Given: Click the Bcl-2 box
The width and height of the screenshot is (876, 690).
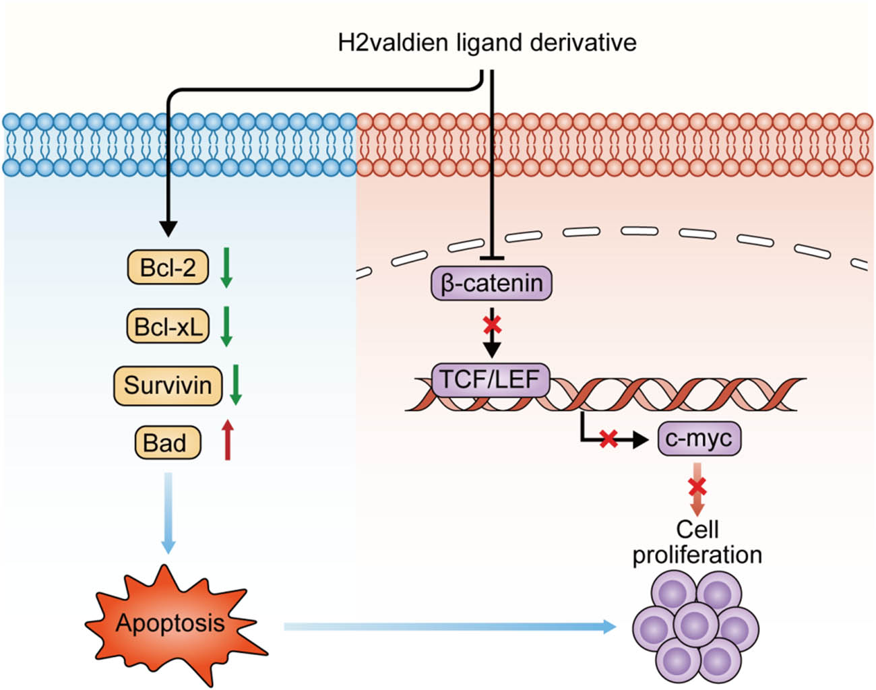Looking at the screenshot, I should tap(168, 268).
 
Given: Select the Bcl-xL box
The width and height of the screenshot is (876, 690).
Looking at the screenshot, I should tap(168, 326).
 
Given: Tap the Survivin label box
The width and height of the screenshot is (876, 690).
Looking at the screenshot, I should tap(168, 385).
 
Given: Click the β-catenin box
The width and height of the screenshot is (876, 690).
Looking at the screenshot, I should tap(491, 283).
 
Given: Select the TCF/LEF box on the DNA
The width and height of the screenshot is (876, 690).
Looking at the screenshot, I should tap(491, 379).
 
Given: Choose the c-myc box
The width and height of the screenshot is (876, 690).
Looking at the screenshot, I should tap(698, 439).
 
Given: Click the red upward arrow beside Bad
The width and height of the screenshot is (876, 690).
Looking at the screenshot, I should tap(228, 439).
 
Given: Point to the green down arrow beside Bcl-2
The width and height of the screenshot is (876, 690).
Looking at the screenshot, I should tap(226, 267).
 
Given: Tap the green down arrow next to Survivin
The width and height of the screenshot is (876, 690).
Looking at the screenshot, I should tap(235, 385).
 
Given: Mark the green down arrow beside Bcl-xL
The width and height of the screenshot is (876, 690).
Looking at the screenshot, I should tap(226, 326).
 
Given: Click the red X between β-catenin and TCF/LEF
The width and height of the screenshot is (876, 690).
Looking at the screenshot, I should tap(492, 325).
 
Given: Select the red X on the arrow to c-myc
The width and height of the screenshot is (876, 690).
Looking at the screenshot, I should tap(608, 439).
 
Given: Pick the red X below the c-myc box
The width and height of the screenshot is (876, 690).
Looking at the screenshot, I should tap(697, 486).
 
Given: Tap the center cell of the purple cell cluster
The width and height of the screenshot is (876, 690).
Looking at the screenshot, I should tap(695, 624).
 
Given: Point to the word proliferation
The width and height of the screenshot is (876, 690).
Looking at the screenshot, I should tap(697, 555).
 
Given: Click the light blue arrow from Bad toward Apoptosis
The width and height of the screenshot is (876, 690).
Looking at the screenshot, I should tap(168, 512).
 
